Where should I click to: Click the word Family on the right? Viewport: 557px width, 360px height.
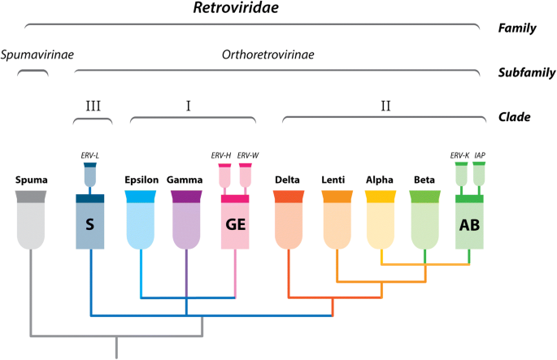pyautogui.click(x=516, y=28)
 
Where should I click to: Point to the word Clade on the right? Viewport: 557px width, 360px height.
pyautogui.click(x=515, y=116)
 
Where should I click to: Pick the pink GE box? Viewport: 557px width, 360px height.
pyautogui.click(x=236, y=223)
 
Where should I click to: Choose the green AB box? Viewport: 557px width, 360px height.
pyautogui.click(x=470, y=223)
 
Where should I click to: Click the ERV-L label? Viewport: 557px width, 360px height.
pyautogui.click(x=91, y=154)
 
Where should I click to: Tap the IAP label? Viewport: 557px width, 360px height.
pyautogui.click(x=480, y=154)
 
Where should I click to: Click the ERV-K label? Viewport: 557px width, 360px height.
pyautogui.click(x=459, y=154)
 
